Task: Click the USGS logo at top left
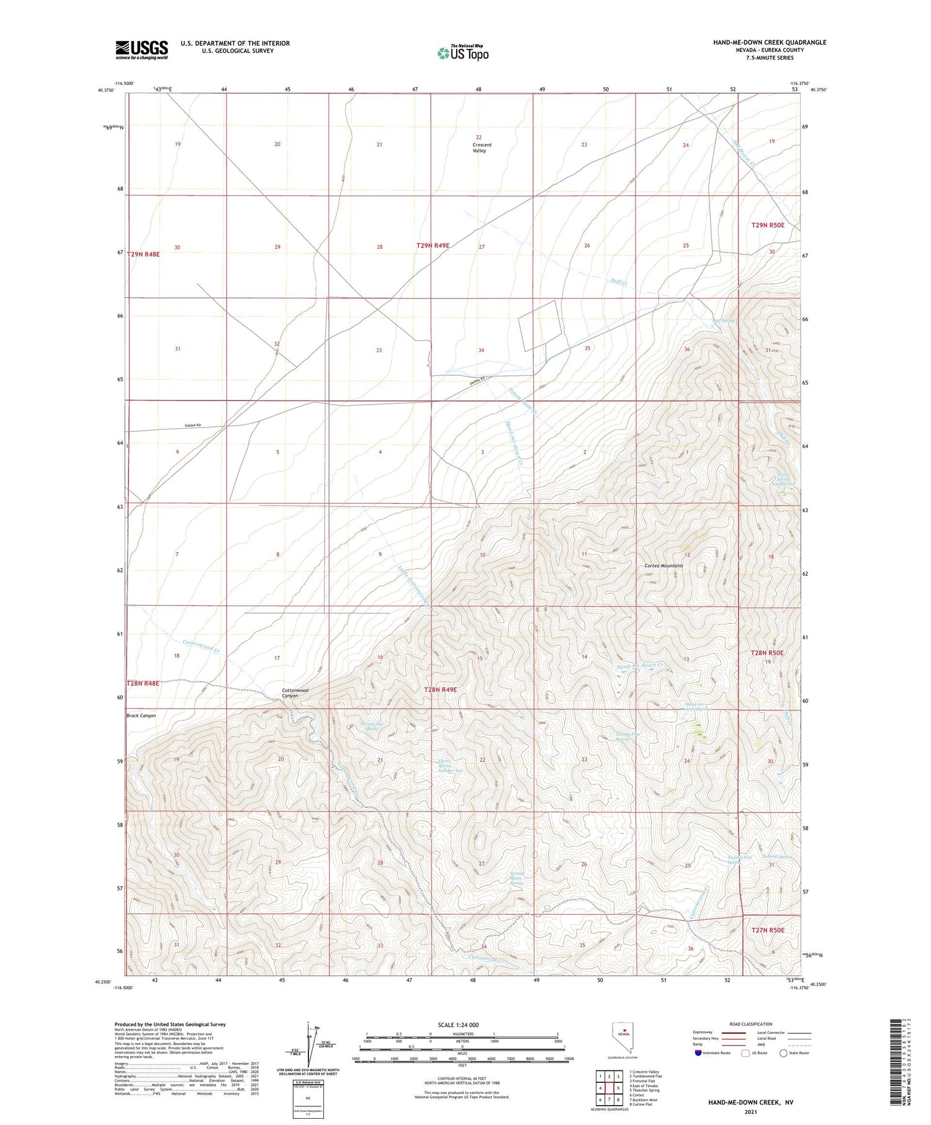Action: pyautogui.click(x=142, y=50)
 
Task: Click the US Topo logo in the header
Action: pyautogui.click(x=463, y=53)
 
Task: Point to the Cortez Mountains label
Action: pyautogui.click(x=663, y=566)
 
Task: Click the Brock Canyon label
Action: pyautogui.click(x=141, y=715)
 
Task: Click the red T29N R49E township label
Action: pyautogui.click(x=433, y=246)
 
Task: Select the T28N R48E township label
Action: pyautogui.click(x=143, y=683)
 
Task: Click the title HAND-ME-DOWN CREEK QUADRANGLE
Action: pyautogui.click(x=770, y=42)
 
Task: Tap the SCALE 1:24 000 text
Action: pyautogui.click(x=458, y=1024)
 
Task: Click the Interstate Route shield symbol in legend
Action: pyautogui.click(x=699, y=1052)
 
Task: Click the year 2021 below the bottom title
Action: pyautogui.click(x=750, y=1112)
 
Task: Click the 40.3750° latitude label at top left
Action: pyautogui.click(x=106, y=90)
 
